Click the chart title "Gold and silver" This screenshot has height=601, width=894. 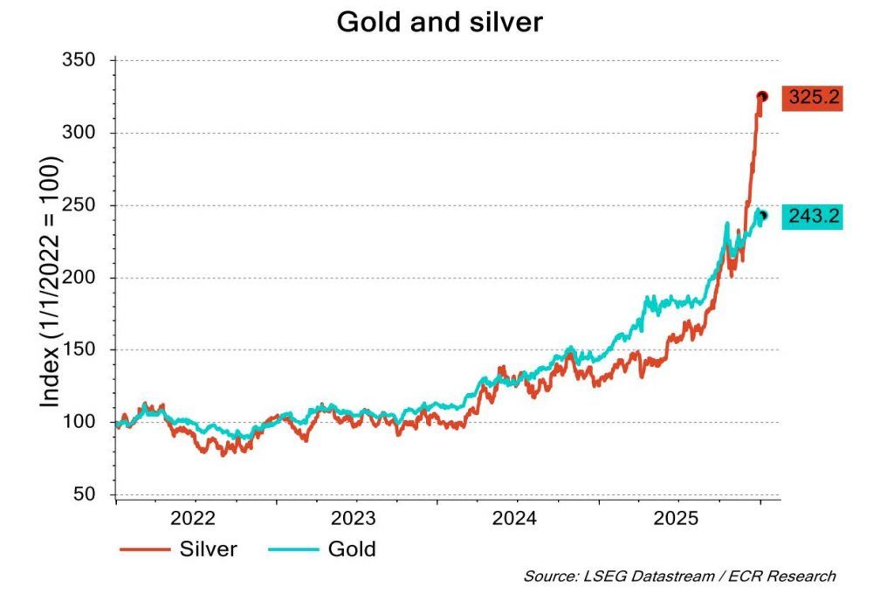coord(439,24)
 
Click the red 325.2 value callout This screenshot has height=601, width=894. coord(812,98)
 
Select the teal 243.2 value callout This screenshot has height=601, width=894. coord(812,216)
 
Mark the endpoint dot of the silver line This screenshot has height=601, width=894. coord(761,97)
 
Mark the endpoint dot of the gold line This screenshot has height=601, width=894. coord(763,216)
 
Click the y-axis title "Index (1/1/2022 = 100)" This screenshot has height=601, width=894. coord(51,282)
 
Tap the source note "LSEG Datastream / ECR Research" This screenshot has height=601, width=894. coord(679,577)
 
